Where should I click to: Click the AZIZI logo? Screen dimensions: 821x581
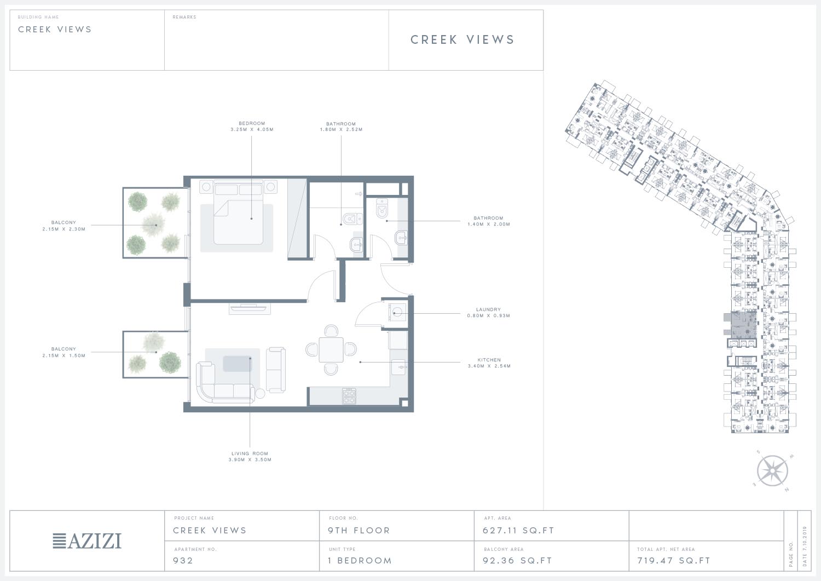click(x=87, y=541)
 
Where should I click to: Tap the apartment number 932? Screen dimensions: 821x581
click(x=183, y=560)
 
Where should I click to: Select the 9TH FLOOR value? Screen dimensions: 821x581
click(x=359, y=531)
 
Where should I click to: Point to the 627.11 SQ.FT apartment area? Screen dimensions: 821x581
click(x=518, y=531)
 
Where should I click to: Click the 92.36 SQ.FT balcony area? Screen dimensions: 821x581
click(x=517, y=560)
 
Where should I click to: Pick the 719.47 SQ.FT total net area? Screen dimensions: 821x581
click(x=674, y=560)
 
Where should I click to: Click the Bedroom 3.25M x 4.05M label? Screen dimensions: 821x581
click(x=252, y=126)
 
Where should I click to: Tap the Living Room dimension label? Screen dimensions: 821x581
click(x=250, y=456)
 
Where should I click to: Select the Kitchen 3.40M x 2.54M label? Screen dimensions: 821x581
click(x=489, y=363)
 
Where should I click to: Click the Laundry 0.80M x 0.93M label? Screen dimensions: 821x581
click(x=488, y=312)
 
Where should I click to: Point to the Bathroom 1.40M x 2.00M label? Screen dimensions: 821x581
click(x=489, y=221)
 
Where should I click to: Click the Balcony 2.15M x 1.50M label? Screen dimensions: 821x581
click(x=64, y=352)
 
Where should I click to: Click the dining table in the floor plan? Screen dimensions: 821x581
click(x=331, y=349)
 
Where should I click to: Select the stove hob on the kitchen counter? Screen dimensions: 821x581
click(x=349, y=396)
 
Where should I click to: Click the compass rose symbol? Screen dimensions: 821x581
click(x=772, y=470)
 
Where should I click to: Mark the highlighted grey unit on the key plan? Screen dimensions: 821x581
click(x=744, y=325)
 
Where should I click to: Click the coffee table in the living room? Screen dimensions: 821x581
click(x=238, y=364)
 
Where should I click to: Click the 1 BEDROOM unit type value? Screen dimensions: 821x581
click(x=360, y=560)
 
